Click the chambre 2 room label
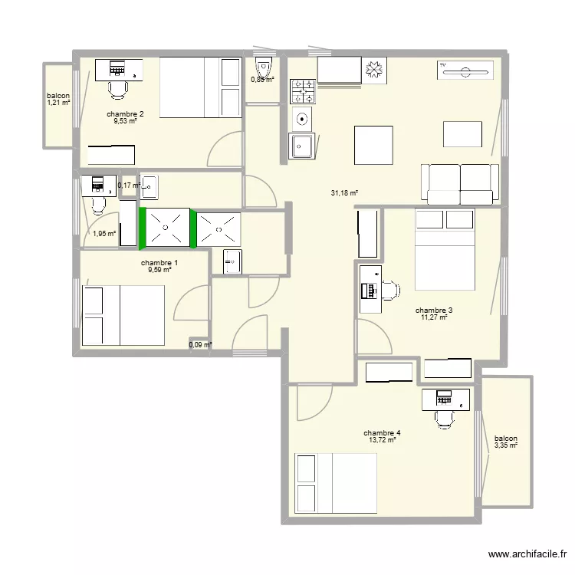(x=125, y=113)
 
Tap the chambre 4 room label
(x=382, y=433)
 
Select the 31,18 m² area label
(x=344, y=194)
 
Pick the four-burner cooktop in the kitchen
(x=302, y=91)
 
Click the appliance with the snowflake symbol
(x=376, y=70)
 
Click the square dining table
(x=373, y=145)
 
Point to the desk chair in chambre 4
(x=444, y=416)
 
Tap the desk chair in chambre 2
(x=117, y=89)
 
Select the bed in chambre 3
(x=445, y=249)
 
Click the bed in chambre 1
(x=123, y=316)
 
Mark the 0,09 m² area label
(x=200, y=345)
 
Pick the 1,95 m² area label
(x=103, y=235)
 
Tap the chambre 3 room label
(x=434, y=311)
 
